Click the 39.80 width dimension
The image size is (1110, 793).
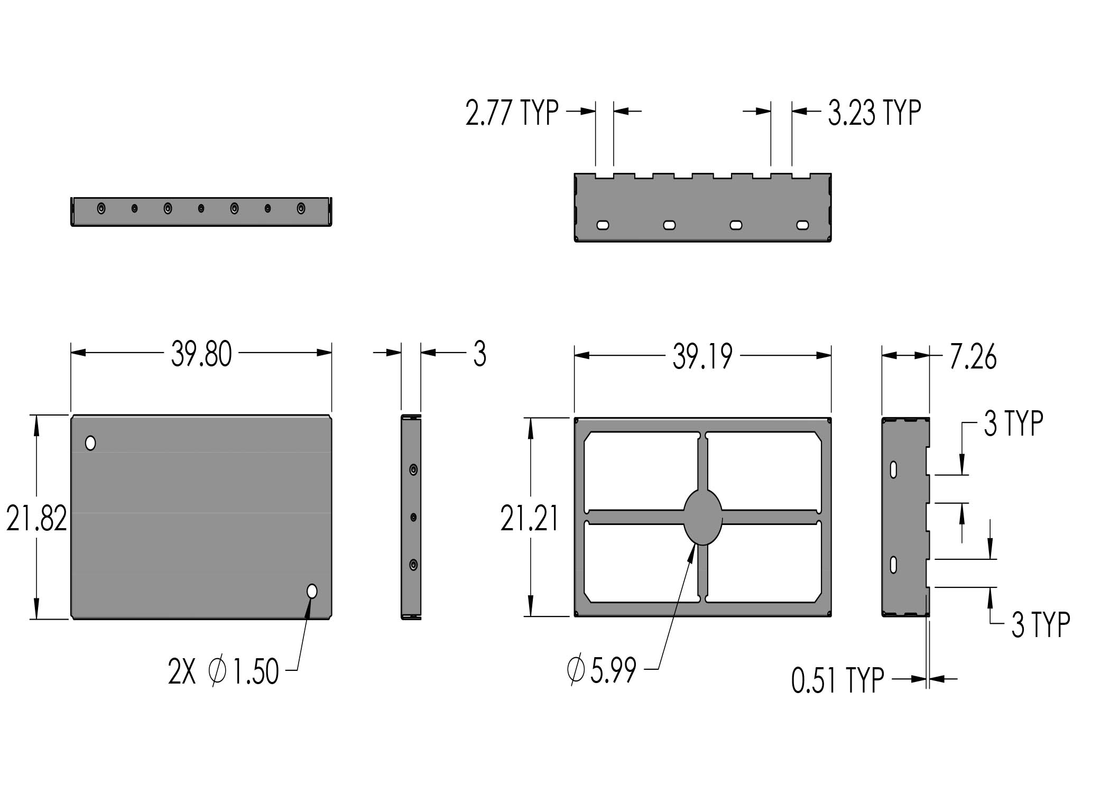click(201, 354)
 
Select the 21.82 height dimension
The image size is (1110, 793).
click(36, 518)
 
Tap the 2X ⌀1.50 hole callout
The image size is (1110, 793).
click(223, 672)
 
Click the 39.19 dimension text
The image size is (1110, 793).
click(702, 357)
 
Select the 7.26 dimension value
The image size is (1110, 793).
click(973, 357)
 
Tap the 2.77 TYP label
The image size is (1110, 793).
click(512, 112)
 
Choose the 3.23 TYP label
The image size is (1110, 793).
click(874, 112)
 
